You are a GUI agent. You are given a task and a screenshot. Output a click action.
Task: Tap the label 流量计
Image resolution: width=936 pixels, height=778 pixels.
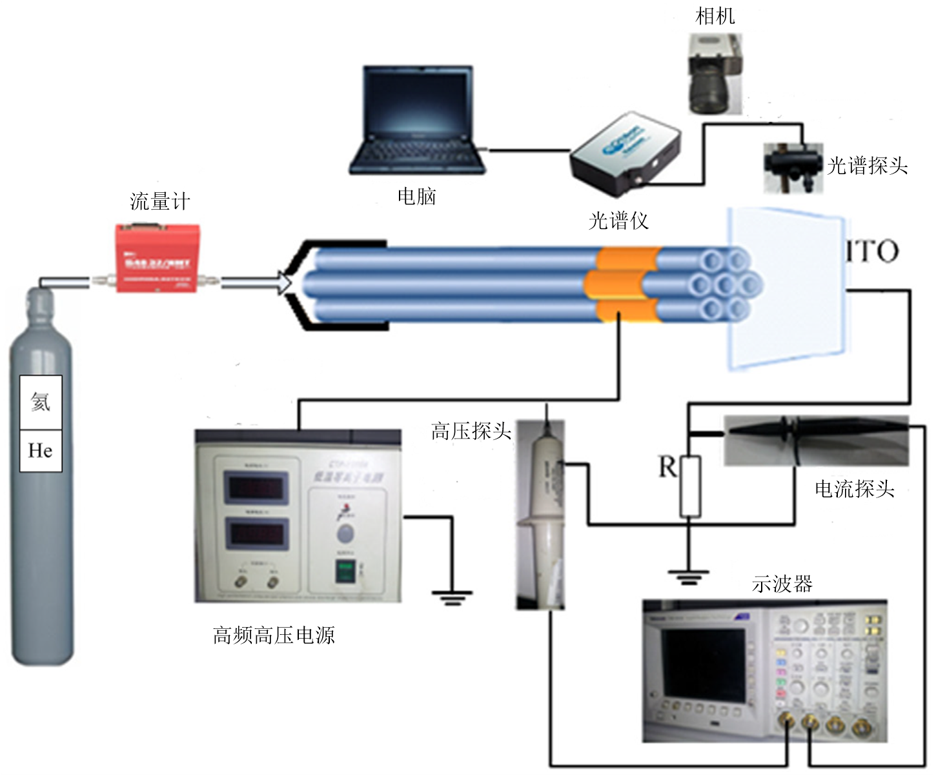160,201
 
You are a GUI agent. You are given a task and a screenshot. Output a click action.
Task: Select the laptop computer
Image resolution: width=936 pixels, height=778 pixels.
417,121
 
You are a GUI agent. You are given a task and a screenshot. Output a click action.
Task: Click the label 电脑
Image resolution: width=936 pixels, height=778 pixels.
416,196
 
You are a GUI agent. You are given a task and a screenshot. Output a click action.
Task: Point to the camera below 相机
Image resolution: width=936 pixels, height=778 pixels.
715,74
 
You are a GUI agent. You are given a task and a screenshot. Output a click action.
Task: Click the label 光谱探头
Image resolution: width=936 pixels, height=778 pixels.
867,166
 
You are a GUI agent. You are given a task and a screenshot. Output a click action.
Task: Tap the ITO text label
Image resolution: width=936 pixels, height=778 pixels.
872,251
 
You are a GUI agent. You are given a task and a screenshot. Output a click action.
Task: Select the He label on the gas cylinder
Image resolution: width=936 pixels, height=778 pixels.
41,450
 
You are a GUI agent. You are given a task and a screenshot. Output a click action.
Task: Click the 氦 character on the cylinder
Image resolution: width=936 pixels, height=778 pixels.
41,402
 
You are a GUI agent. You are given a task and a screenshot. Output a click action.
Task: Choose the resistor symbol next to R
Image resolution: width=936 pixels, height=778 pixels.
690,486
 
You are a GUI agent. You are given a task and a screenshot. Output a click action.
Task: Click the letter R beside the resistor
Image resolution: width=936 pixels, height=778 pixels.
667,466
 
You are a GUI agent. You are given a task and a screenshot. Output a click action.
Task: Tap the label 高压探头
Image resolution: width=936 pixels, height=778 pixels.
471,430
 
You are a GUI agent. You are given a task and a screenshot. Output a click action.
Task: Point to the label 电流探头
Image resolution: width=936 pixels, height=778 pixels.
854,488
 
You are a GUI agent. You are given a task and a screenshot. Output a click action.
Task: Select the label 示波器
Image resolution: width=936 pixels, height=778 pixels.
782,584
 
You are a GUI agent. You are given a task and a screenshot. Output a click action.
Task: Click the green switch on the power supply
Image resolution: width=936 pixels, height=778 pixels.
345,572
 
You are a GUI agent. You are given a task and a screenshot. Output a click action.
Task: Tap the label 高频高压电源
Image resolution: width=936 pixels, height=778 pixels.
274,635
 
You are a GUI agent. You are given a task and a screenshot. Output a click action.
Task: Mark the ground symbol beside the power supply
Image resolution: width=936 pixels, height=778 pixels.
452,597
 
